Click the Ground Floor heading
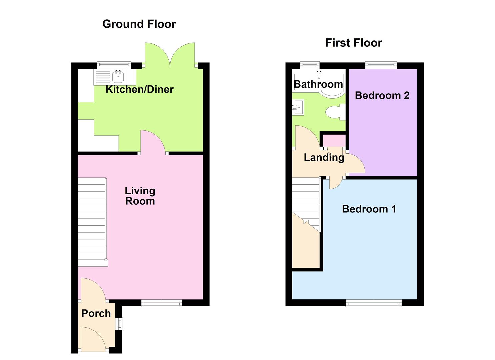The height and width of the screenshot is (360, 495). pyautogui.click(x=139, y=24)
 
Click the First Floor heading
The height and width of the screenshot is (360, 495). pyautogui.click(x=353, y=43)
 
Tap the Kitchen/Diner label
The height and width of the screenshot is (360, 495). pyautogui.click(x=139, y=89)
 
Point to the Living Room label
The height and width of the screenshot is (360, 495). pyautogui.click(x=140, y=196)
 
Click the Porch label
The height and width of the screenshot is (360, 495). pyautogui.click(x=96, y=313)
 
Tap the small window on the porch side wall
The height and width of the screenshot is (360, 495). pyautogui.click(x=119, y=324)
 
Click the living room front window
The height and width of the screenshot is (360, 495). pyautogui.click(x=162, y=303)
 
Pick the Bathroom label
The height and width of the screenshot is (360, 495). pyautogui.click(x=318, y=84)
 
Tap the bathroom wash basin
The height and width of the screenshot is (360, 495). pyautogui.click(x=298, y=107)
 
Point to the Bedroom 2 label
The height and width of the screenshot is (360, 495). pyautogui.click(x=382, y=95)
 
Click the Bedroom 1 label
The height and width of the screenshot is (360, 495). pyautogui.click(x=369, y=209)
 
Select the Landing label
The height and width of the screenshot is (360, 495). pyautogui.click(x=324, y=157)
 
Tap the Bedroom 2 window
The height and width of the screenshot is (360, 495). pyautogui.click(x=381, y=65)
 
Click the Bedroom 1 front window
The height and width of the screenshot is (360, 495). pyautogui.click(x=373, y=303)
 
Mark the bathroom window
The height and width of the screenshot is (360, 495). pyautogui.click(x=310, y=65)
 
